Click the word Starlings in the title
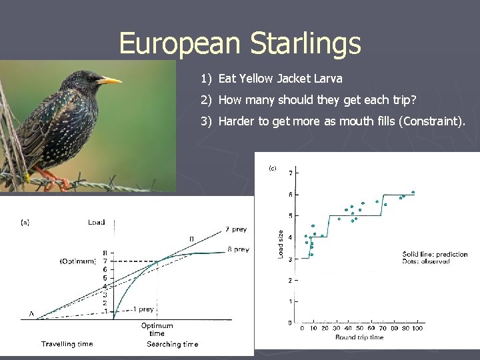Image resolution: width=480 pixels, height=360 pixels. (x=305, y=43)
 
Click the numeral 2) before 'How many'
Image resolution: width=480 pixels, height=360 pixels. (x=206, y=100)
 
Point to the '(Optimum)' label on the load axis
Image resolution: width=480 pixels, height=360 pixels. (x=78, y=261)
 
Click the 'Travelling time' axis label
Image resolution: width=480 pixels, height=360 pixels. (x=67, y=344)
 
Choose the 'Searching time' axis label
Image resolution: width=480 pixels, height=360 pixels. (x=172, y=344)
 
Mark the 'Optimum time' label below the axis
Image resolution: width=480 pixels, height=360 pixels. (x=157, y=329)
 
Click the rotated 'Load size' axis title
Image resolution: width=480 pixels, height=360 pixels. (x=280, y=244)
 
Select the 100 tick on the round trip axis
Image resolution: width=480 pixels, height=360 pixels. (x=418, y=328)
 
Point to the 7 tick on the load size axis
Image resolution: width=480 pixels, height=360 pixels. (x=289, y=173)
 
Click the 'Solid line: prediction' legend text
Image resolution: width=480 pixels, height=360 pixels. (x=435, y=254)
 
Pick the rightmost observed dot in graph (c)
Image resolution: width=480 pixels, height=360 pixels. (x=413, y=192)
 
